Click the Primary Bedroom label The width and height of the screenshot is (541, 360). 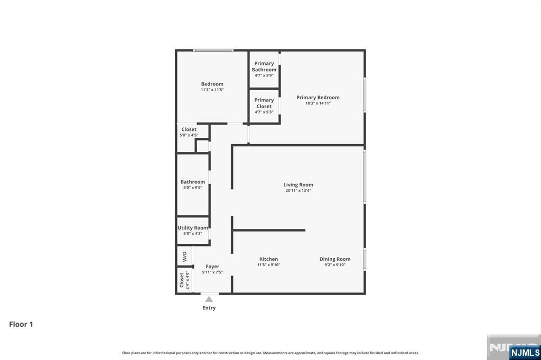tap(318, 98)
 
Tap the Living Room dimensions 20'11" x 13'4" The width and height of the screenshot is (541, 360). tap(298, 191)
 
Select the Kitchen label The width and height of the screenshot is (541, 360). tap(268, 259)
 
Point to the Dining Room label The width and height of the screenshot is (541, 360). tap(334, 259)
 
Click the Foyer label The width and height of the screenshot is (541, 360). tap(212, 267)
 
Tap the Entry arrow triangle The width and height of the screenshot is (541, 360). tap(209, 299)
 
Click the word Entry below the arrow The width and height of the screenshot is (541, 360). tap(209, 308)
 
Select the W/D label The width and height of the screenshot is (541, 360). tap(184, 257)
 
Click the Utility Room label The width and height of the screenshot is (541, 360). tap(192, 228)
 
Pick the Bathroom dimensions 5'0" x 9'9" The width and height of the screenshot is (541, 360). tap(192, 187)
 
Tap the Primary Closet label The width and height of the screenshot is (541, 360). tap(264, 103)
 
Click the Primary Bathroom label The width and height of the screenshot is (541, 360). tap(264, 67)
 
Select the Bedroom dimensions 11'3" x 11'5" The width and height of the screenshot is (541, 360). tap(212, 90)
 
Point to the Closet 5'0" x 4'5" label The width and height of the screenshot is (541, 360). tap(189, 129)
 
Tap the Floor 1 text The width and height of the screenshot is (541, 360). tap(21, 324)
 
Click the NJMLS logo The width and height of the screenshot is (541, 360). tap(524, 352)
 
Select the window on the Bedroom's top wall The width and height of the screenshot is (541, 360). tap(213, 50)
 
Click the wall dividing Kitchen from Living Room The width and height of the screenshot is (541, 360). tap(269, 230)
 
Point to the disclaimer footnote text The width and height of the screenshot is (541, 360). tap(270, 353)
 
